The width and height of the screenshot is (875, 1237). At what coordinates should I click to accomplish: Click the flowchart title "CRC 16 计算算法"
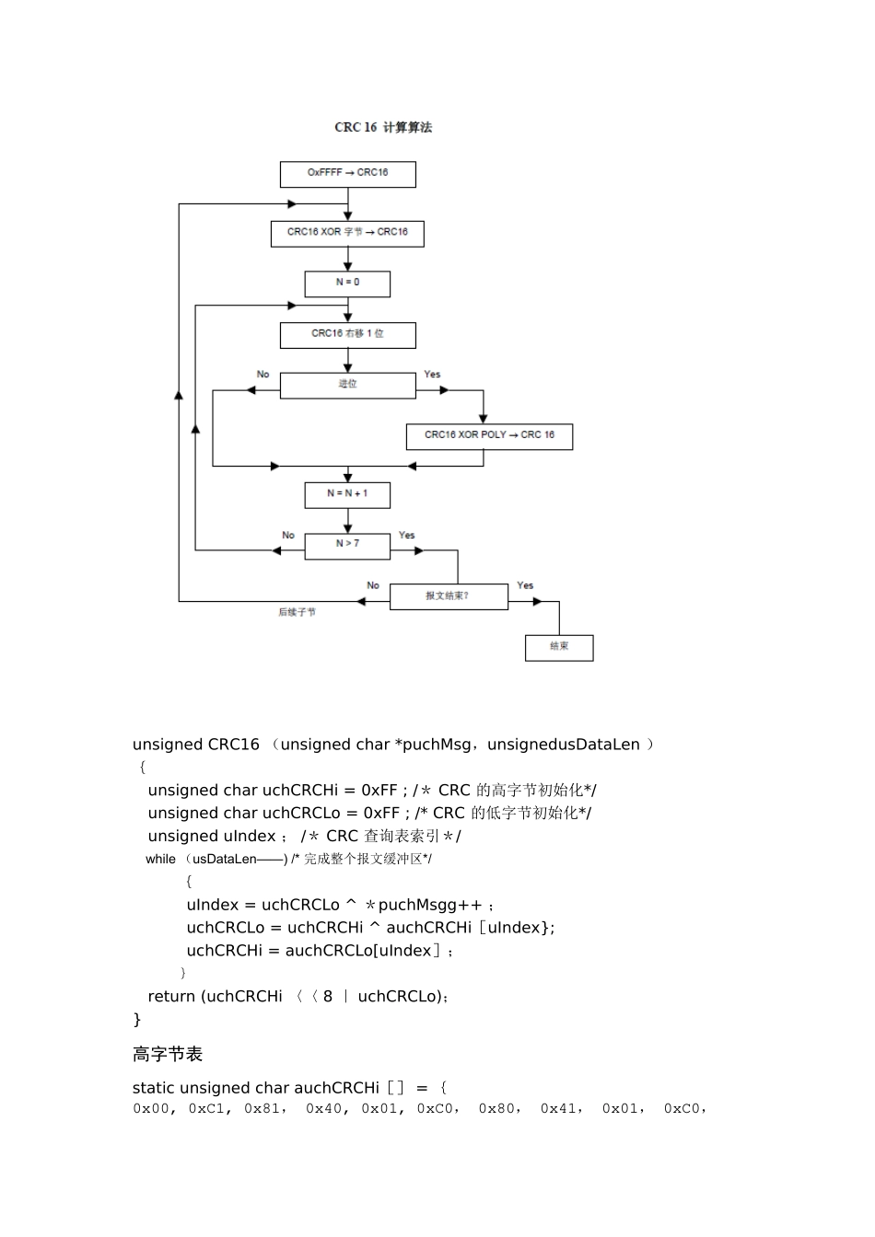[x=383, y=128]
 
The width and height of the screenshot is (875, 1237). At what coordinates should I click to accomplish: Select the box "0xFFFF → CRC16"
[x=347, y=173]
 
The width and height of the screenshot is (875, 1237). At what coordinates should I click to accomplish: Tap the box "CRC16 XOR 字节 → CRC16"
[x=347, y=233]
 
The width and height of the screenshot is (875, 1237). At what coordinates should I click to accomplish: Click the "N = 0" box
[x=347, y=283]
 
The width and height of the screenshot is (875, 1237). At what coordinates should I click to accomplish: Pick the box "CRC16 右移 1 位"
[x=347, y=334]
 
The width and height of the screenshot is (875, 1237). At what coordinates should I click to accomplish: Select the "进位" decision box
[x=347, y=385]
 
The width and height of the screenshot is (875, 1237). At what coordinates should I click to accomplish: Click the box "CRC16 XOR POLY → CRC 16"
[x=489, y=435]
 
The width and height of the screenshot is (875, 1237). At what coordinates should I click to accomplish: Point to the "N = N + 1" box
[x=347, y=494]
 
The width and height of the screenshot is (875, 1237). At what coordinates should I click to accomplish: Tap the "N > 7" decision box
[x=347, y=545]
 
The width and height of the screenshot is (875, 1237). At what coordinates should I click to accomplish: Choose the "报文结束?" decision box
[x=448, y=596]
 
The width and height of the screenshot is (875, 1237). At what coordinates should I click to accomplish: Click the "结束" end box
[x=559, y=647]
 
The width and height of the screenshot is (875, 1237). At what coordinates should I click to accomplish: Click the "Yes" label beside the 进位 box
[x=432, y=375]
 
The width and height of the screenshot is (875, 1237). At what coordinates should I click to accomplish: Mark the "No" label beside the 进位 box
[x=263, y=375]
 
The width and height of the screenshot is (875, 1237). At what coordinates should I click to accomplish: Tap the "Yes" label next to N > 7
[x=407, y=536]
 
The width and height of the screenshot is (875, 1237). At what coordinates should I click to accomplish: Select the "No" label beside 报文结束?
[x=373, y=585]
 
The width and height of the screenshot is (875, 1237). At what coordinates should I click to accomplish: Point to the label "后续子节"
[x=297, y=612]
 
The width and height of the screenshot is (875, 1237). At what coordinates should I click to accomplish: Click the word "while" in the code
[x=160, y=860]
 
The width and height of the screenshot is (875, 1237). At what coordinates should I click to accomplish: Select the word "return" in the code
[x=171, y=997]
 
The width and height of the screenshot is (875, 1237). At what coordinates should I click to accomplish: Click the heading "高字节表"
[x=168, y=1055]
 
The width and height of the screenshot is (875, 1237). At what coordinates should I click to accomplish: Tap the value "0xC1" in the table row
[x=207, y=1109]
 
